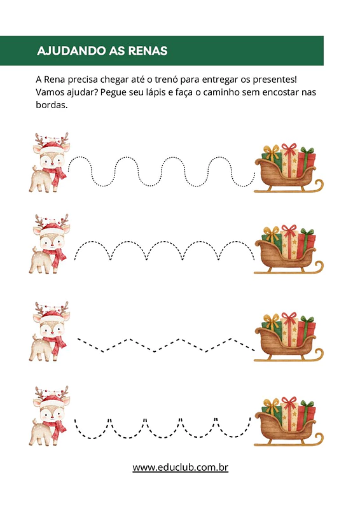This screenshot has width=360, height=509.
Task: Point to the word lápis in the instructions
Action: coord(155,92)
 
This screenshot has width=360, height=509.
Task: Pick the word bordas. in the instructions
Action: coord(52,105)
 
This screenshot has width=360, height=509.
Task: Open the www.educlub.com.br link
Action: coord(180,468)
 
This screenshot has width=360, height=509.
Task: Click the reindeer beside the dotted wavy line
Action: coord(50,162)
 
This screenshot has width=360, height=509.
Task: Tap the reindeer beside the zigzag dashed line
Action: coord(50,331)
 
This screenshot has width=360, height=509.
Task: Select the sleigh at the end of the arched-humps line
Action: coord(289,249)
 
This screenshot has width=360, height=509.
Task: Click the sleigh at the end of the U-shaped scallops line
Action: coord(289,421)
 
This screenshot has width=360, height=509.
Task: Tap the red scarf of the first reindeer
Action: coord(55,176)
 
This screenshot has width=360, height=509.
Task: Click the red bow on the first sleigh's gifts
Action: coord(289,149)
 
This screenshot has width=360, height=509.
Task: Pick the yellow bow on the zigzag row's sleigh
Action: coord(272,321)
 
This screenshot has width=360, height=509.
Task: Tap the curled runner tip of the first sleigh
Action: coord(319,185)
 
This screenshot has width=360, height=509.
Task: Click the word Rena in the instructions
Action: coord(54,80)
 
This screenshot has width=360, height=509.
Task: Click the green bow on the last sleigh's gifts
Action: coord(307,405)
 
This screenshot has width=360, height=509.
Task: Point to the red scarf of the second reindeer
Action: coord(55,257)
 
